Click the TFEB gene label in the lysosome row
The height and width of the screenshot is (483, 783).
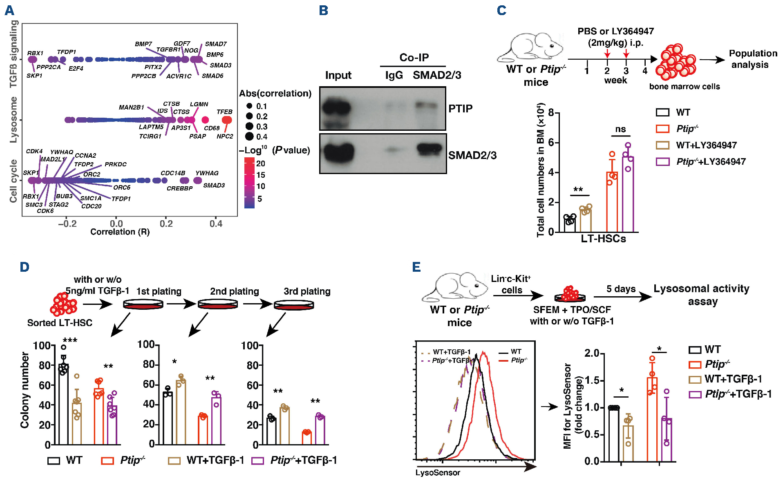tap(224, 112)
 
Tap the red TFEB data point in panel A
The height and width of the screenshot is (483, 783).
tap(227, 120)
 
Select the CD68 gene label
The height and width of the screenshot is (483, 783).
tap(212, 128)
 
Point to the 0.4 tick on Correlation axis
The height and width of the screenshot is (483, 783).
tap(216, 224)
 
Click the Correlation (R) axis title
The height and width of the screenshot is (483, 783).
tap(120, 232)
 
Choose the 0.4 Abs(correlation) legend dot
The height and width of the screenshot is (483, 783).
tap(249, 136)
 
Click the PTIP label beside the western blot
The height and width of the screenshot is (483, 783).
tap(460, 109)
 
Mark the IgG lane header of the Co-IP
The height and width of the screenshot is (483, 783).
tap(394, 75)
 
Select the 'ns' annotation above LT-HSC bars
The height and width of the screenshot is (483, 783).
tap(620, 129)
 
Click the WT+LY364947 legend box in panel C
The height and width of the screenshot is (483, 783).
tap(662, 145)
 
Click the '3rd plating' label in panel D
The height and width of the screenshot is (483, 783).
tap(307, 291)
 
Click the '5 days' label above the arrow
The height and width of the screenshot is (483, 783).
tap(621, 289)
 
